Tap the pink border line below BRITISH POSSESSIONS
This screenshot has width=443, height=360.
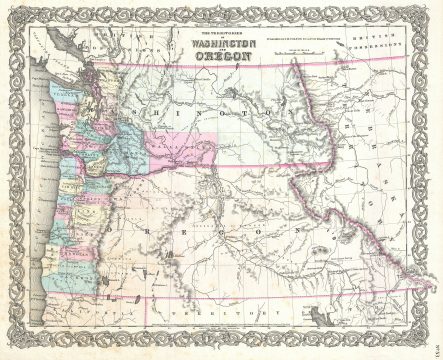(x=380, y=60)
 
